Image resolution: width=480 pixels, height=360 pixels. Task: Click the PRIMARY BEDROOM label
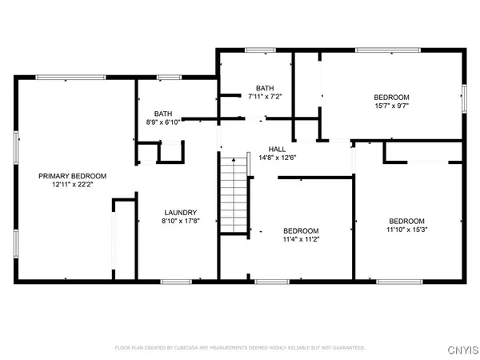[73, 176]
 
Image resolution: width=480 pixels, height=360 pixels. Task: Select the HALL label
[277, 150]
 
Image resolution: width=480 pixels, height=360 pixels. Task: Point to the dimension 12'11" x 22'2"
[73, 185]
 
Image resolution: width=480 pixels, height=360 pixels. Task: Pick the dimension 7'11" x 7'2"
[265, 97]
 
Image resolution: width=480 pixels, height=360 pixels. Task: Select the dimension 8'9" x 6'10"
[163, 123]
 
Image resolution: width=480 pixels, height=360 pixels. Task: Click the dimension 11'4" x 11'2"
[301, 238]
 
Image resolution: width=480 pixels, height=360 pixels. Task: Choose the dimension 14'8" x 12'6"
[277, 158]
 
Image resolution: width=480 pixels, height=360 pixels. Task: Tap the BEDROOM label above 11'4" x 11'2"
[301, 230]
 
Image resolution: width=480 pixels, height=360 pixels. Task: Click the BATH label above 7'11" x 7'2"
[265, 88]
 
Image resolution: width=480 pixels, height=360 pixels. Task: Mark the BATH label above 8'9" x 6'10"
[163, 114]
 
